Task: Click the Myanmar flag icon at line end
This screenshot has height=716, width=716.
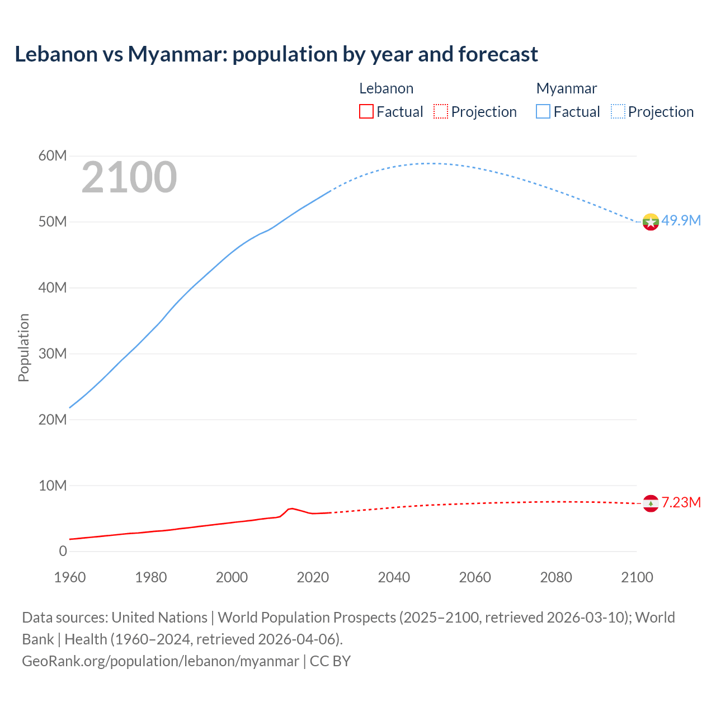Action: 651,222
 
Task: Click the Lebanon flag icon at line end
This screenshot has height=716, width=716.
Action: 651,503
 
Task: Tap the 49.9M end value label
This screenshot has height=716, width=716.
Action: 681,220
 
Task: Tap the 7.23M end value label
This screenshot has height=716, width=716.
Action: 681,502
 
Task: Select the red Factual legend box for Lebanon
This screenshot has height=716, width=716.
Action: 366,112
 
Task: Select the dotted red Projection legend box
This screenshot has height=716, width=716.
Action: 441,112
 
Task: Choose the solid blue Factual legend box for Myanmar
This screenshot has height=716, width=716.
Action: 543,112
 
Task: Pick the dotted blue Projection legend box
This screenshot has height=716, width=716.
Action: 618,112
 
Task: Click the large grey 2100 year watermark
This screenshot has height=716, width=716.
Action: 129,177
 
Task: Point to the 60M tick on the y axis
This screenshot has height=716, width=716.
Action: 53,156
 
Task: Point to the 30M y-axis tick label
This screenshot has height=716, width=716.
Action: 53,354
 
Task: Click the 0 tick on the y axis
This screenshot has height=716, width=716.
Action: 63,551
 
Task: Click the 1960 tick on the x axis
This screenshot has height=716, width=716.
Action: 70,577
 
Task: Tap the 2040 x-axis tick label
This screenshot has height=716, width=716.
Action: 394,577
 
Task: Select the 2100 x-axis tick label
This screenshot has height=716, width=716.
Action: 637,577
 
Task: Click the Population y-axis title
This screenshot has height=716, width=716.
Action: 23,347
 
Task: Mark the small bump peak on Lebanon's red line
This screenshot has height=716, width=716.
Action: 291,508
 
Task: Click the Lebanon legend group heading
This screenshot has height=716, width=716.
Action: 386,88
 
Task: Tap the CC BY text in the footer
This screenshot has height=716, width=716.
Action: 330,661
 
